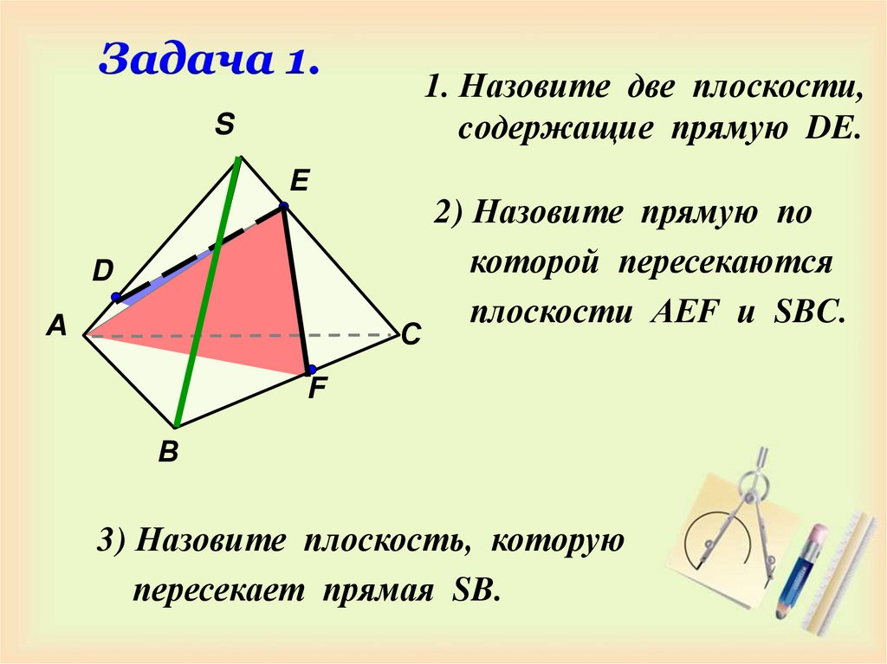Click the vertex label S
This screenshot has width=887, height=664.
tap(224, 126)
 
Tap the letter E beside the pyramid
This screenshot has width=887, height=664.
tap(300, 181)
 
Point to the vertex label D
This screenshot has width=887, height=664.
tap(103, 272)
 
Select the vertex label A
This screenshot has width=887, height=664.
tap(57, 326)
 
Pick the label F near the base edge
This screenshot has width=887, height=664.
tap(317, 390)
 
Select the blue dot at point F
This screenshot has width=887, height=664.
tap(310, 370)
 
